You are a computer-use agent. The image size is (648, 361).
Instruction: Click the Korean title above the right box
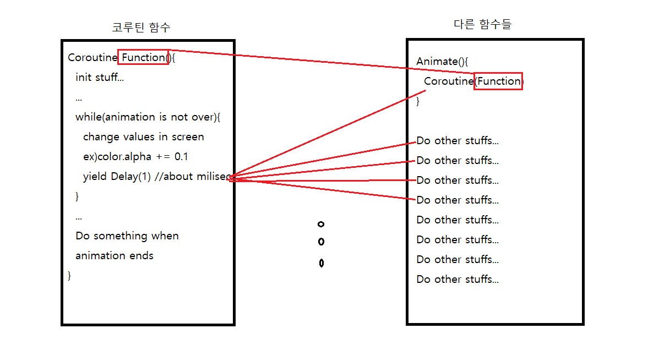point(482,24)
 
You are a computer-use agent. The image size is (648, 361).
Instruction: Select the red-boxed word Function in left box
point(143,57)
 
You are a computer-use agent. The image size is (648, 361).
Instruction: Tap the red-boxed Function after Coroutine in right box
point(498,81)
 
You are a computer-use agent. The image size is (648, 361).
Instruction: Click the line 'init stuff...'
point(100,78)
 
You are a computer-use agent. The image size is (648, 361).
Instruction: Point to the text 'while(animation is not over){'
point(148,117)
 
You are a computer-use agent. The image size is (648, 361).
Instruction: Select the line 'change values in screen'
point(143,137)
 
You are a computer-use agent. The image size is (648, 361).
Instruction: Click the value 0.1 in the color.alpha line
point(181,157)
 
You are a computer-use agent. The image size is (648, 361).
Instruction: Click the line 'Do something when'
point(127,236)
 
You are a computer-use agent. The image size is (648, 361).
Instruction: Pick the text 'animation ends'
point(115,256)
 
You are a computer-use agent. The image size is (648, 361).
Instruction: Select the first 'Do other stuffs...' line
point(458,141)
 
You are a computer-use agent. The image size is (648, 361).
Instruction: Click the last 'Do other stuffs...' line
point(458,280)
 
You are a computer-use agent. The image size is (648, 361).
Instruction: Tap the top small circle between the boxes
point(321,224)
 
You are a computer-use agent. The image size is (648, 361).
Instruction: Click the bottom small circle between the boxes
point(321,263)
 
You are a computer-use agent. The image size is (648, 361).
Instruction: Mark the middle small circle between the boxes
point(321,242)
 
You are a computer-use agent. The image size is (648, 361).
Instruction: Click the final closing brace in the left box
point(69,275)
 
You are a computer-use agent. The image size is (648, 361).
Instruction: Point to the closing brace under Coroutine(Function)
point(418,101)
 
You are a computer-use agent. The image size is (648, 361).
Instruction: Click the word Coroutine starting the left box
point(92,57)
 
